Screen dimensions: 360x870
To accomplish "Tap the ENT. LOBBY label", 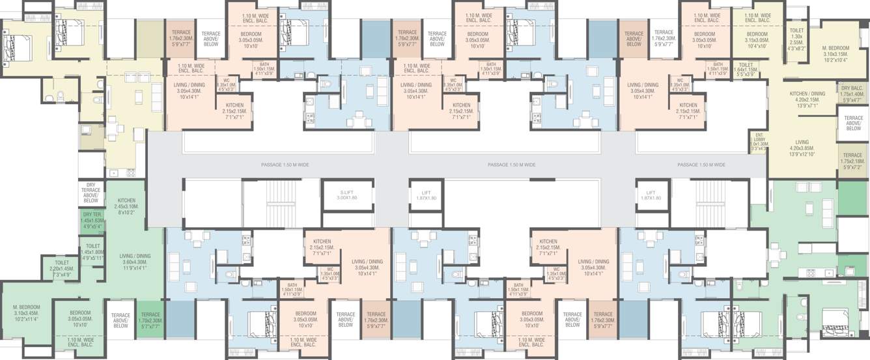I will tap(759, 142).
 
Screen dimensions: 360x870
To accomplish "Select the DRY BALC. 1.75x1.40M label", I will tap(852, 94).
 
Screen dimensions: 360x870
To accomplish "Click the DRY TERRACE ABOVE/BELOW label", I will tap(91, 193).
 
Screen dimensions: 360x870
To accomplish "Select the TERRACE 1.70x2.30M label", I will tap(150, 319).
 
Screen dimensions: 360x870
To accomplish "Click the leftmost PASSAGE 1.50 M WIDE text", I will tap(284, 165).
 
